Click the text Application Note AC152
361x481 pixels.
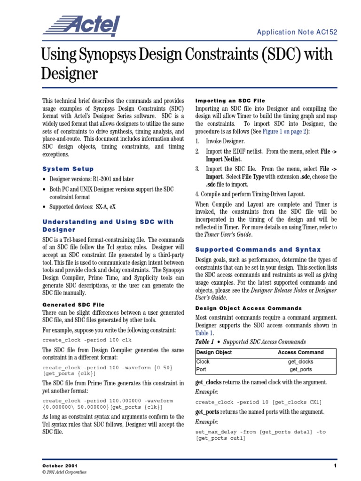click(x=303, y=32)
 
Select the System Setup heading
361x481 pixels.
click(x=68, y=169)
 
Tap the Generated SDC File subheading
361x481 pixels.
click(x=74, y=305)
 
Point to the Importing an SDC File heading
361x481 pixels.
click(x=230, y=101)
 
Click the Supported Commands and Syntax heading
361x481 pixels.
click(x=258, y=249)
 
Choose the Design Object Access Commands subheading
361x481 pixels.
click(x=249, y=308)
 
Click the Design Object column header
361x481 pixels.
click(x=214, y=352)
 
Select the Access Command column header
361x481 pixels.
click(x=300, y=352)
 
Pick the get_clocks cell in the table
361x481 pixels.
click(x=300, y=362)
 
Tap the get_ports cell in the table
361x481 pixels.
click(x=300, y=370)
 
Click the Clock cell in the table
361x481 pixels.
click(x=203, y=362)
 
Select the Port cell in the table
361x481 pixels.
click(x=202, y=370)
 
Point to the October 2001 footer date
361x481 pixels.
click(x=58, y=465)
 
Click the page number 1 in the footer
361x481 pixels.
click(x=336, y=465)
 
